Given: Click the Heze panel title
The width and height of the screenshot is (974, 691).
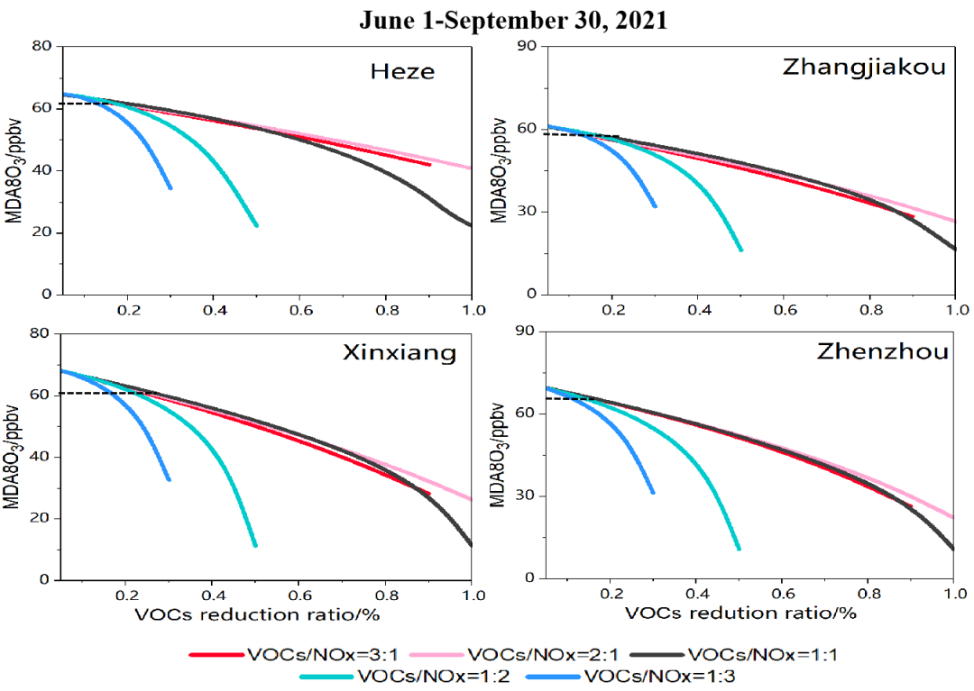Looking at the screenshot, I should pos(402,71).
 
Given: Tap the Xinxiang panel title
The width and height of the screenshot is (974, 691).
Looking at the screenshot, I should pos(400,352).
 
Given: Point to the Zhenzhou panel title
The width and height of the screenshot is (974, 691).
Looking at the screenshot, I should pos(883,351).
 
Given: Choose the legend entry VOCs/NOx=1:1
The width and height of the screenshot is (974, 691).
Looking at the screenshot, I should pos(762,655).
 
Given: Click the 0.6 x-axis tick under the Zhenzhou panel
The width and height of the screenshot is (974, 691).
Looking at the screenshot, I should pos(781,595).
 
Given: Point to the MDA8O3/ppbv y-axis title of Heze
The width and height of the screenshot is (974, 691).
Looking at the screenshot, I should pos(15,171).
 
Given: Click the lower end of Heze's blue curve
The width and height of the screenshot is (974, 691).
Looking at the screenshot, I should pos(170,187).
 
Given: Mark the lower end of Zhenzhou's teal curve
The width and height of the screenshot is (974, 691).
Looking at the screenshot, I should pos(739,548).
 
